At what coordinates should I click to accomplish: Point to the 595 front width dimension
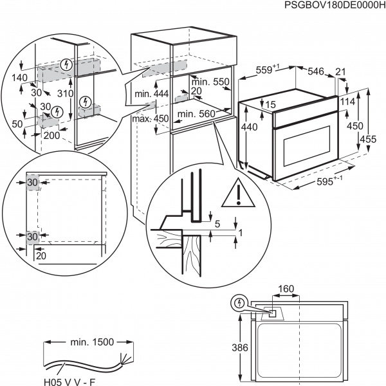(x=328, y=181)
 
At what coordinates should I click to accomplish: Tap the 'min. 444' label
(x=152, y=95)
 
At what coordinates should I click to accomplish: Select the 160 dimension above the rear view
(x=286, y=289)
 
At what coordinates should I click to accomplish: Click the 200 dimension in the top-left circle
(x=51, y=135)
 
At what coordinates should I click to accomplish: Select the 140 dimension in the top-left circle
(x=19, y=78)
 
